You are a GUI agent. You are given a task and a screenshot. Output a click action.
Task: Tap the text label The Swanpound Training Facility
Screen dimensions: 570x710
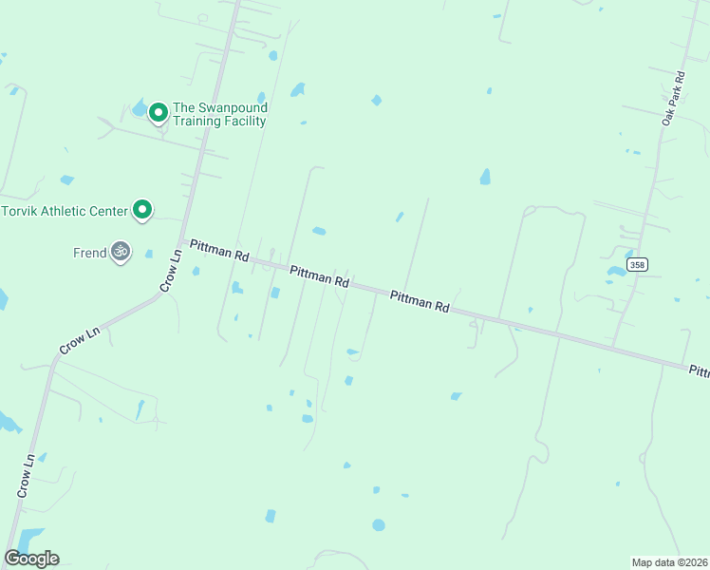[218, 114]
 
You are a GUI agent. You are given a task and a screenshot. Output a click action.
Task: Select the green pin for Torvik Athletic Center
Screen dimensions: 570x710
[142, 209]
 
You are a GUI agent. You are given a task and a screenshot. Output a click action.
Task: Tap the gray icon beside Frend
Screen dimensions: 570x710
[120, 252]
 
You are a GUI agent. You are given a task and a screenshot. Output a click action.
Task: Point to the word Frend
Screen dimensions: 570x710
[89, 253]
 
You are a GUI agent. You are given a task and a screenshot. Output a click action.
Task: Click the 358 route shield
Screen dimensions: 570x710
[637, 264]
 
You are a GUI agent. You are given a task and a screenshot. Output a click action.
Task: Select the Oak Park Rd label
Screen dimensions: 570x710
[673, 98]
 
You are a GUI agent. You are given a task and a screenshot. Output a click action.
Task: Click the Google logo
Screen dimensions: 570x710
[31, 559]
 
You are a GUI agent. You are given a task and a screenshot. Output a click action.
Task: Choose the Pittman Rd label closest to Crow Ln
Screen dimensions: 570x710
[219, 251]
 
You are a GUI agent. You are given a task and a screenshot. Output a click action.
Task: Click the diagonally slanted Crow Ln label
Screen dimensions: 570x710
[80, 341]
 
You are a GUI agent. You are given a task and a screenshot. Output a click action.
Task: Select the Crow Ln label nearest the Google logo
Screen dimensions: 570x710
[26, 475]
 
